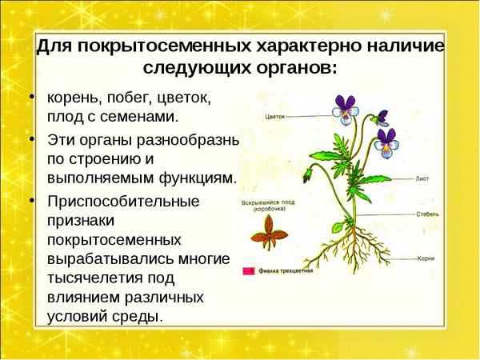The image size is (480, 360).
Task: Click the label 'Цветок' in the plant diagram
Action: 274,116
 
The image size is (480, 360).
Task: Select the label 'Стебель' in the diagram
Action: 427,214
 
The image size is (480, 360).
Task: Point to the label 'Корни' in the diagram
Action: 426,258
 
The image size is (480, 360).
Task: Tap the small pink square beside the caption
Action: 249,271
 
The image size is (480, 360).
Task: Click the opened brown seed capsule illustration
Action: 269,234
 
